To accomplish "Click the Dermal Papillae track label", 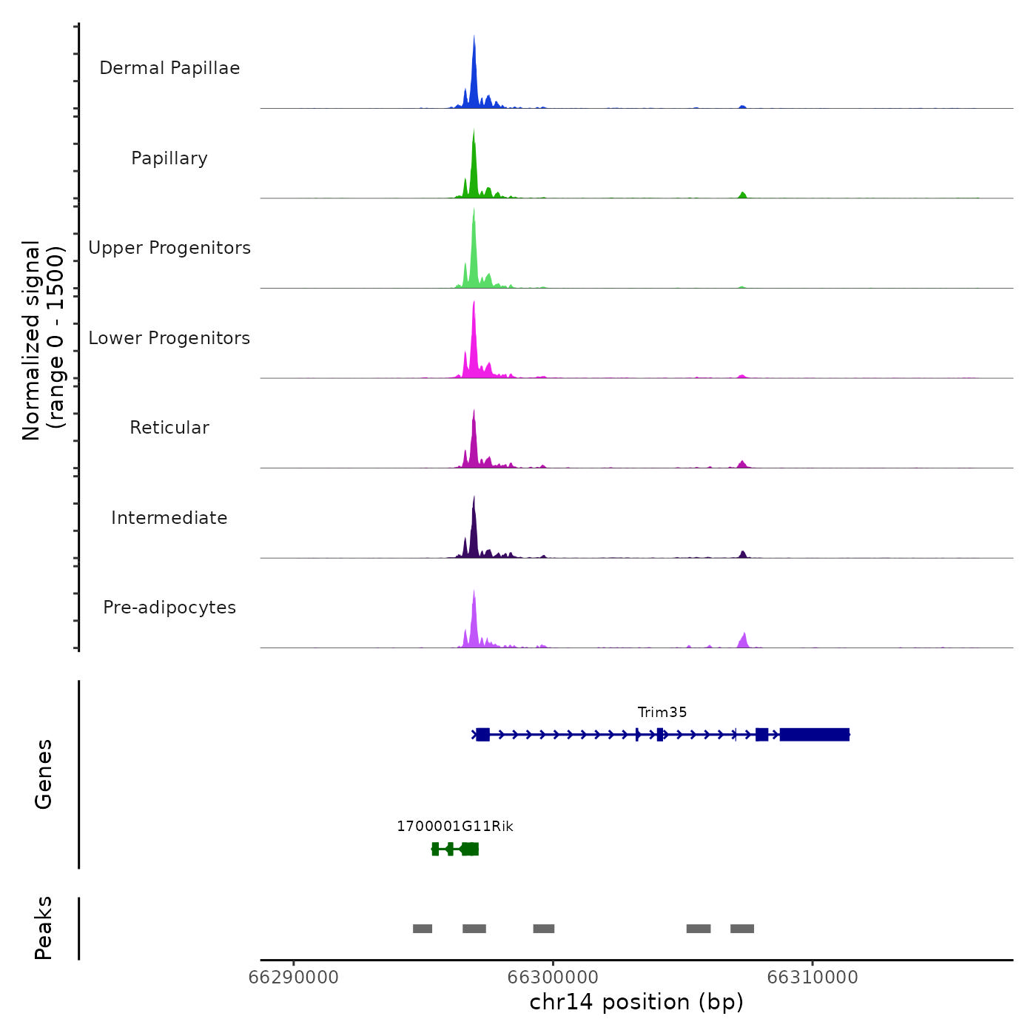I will pyautogui.click(x=169, y=68).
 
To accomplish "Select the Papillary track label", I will pyautogui.click(x=169, y=158).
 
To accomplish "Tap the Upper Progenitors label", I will pyautogui.click(x=169, y=248).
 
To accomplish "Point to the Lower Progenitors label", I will pyautogui.click(x=169, y=338).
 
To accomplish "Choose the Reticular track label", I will pyautogui.click(x=169, y=428).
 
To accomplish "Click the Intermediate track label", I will pyautogui.click(x=169, y=518).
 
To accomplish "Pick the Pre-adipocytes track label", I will pyautogui.click(x=169, y=608).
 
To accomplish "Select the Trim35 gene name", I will pyautogui.click(x=662, y=713).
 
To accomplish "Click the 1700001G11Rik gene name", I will pyautogui.click(x=455, y=827).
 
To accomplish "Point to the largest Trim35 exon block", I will pyautogui.click(x=814, y=735).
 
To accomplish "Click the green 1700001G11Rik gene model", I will pyautogui.click(x=456, y=849).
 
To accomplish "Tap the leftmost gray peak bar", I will pyautogui.click(x=423, y=929).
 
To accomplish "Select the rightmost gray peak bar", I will pyautogui.click(x=742, y=929).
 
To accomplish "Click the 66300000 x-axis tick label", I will pyautogui.click(x=553, y=978).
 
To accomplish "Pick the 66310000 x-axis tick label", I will pyautogui.click(x=813, y=978).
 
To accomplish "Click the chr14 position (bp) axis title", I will pyautogui.click(x=636, y=1003).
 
